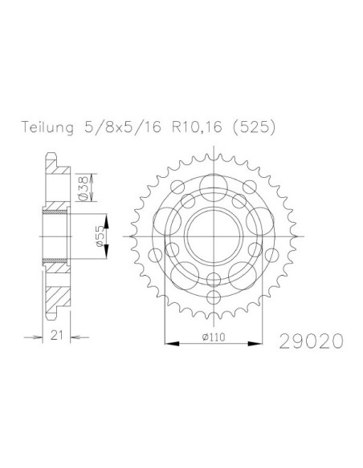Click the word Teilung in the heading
coord(47,127)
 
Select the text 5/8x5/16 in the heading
coord(123,127)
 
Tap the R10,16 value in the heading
coord(197,127)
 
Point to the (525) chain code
coord(254,127)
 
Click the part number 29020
coord(312,341)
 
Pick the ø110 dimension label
coord(214,337)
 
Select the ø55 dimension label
coord(100,236)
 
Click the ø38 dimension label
coord(84,188)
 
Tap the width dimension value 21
coord(56,335)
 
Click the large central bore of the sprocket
coord(214,236)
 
